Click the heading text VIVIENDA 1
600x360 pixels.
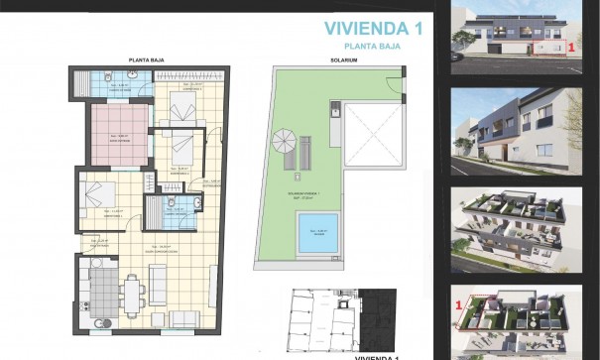(373, 28)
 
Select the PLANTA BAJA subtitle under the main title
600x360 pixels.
(372, 46)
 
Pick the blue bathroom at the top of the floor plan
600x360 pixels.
(112, 84)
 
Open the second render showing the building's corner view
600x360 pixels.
(516, 129)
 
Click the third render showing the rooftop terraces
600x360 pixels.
(516, 228)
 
